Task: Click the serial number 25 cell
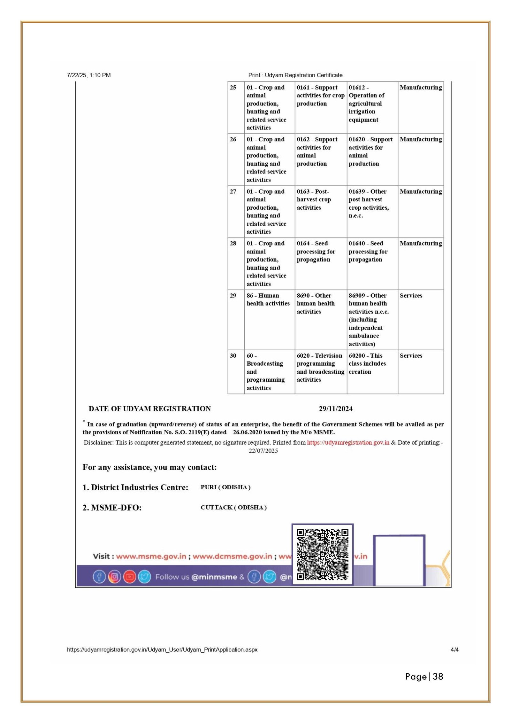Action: [233, 88]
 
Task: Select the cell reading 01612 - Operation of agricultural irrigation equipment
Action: [366, 104]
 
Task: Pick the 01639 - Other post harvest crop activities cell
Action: [368, 204]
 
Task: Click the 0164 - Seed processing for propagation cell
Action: [316, 252]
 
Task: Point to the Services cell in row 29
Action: [411, 296]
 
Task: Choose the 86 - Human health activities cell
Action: [268, 299]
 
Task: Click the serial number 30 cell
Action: [233, 356]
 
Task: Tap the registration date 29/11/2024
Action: [336, 409]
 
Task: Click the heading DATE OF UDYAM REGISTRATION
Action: [149, 409]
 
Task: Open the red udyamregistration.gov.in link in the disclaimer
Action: [348, 443]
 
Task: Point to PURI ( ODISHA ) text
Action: [225, 487]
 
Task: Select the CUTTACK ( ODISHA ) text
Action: [233, 507]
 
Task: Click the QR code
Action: [322, 555]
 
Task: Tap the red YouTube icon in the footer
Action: [129, 577]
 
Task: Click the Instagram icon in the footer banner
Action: [114, 577]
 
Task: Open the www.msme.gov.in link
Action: [151, 556]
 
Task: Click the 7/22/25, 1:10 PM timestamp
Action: [89, 75]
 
